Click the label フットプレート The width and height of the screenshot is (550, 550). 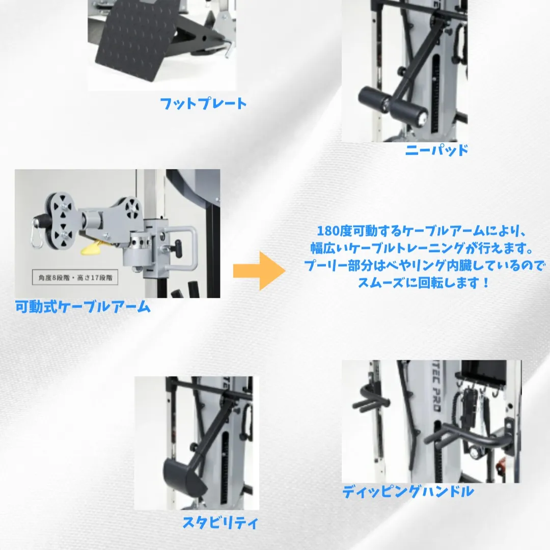pos(203,104)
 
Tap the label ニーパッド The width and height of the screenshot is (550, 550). pos(436,150)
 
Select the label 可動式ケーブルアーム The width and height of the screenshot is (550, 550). pos(82,307)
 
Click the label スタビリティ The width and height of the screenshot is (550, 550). pos(221,523)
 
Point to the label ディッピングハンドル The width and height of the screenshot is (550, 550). pos(408,491)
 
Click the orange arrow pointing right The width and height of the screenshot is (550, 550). pos(259,270)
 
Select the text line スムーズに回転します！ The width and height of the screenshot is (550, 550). pos(423,283)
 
